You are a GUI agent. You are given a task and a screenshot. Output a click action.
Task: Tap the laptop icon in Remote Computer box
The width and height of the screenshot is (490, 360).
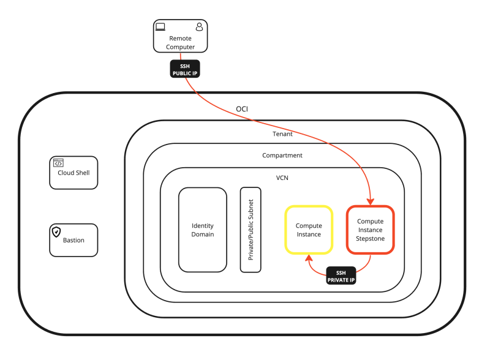click(x=160, y=27)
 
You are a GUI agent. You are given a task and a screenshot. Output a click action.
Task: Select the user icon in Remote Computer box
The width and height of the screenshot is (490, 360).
click(x=199, y=27)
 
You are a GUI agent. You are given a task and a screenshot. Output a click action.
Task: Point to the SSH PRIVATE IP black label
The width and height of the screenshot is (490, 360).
click(x=342, y=276)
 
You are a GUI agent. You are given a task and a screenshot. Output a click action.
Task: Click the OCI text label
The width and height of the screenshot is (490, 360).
click(x=242, y=109)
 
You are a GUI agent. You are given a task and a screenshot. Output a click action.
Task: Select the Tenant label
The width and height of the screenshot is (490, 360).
click(x=282, y=133)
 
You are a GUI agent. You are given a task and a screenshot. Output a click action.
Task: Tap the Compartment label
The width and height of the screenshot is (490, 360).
click(x=282, y=156)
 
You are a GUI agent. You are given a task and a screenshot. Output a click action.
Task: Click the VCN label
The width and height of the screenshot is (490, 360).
click(x=282, y=178)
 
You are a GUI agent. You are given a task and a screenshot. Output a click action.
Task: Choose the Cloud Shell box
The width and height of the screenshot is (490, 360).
click(x=73, y=172)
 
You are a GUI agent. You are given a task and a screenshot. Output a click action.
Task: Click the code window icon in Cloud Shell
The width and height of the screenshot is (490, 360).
click(x=58, y=163)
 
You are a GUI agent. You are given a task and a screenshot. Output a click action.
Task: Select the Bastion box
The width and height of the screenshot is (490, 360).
click(x=73, y=239)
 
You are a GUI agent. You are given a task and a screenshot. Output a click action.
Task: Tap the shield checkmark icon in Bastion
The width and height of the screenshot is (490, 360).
click(x=57, y=231)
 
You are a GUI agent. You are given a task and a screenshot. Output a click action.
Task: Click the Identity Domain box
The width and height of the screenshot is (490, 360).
click(x=203, y=230)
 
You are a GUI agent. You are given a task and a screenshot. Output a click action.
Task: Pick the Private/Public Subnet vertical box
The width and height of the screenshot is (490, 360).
click(x=251, y=230)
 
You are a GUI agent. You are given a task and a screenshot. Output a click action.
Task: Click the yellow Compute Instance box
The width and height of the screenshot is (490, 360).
click(x=309, y=230)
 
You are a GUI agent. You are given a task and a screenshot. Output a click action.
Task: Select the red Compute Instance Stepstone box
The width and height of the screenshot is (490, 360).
click(x=371, y=230)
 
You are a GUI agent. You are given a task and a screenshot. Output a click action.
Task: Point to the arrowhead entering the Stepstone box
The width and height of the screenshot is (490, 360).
click(x=371, y=201)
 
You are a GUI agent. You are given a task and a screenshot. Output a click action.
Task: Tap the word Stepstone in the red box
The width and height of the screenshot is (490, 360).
click(x=371, y=238)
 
